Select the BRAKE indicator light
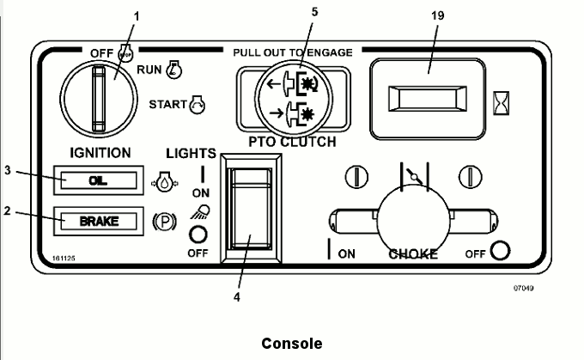99,221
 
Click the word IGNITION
100,153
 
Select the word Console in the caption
292,343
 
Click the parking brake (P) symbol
161,221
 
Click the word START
167,106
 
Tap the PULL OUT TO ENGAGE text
292,52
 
